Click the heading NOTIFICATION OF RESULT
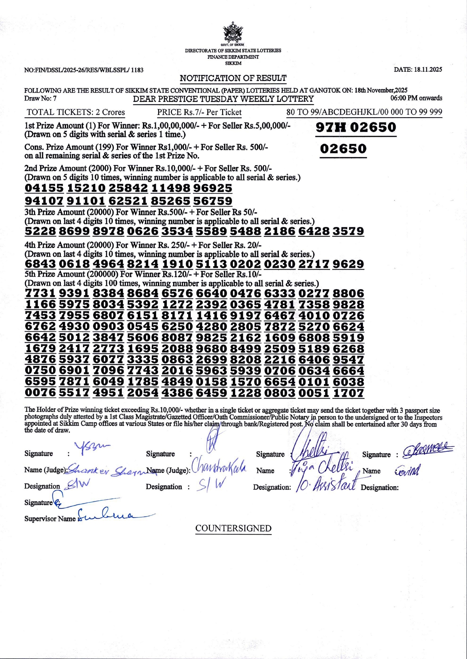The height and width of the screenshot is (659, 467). click(233, 78)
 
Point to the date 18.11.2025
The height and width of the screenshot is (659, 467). click(418, 70)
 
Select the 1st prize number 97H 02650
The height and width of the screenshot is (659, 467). click(356, 127)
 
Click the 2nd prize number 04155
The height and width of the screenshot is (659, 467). click(44, 188)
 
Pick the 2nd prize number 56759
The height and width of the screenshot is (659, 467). click(213, 201)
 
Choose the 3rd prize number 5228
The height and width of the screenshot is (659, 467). click(40, 231)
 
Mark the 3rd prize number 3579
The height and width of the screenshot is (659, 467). click(348, 231)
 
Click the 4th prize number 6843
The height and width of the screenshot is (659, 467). click(40, 264)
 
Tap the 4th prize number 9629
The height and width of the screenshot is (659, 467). click(348, 264)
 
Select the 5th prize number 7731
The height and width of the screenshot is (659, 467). click(40, 293)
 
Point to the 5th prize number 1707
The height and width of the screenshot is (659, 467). click(348, 393)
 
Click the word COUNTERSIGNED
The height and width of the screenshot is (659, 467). click(233, 529)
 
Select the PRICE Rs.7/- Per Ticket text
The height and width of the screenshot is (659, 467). click(199, 112)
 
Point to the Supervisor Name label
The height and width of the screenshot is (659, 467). click(50, 519)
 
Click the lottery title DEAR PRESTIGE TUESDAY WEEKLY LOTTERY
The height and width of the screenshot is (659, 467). click(223, 99)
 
